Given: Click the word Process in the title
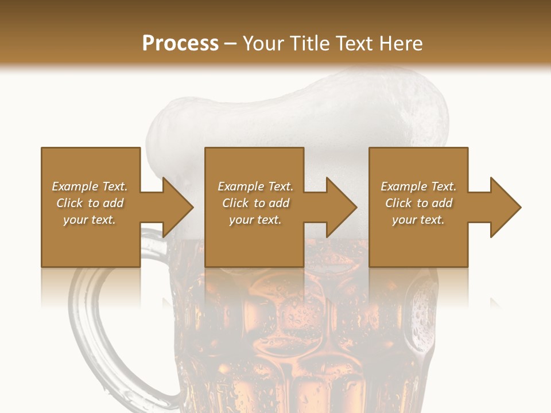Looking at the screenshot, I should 180,44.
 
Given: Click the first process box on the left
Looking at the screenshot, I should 91,241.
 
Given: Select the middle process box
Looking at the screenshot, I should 254,241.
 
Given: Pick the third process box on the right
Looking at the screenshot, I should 418,241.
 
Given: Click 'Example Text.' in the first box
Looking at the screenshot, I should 90,186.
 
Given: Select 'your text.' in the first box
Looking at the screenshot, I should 90,220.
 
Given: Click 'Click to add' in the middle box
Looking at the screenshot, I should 255,203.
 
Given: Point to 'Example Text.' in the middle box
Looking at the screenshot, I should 255,186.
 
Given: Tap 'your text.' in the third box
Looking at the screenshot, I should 418,220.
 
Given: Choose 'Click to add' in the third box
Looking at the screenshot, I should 418,203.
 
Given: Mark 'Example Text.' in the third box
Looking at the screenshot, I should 418,186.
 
